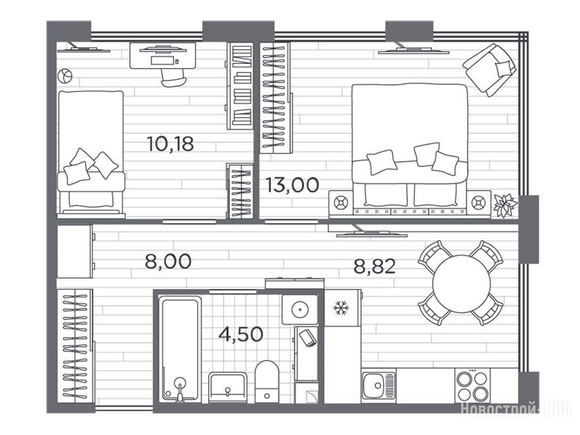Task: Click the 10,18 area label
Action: [x=170, y=143]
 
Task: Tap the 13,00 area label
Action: [x=292, y=185]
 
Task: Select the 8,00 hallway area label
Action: [x=168, y=261]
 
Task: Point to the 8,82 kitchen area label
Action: [x=375, y=266]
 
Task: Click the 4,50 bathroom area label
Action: [x=241, y=334]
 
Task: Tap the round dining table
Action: [x=461, y=284]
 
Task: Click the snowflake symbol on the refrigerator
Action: [x=340, y=308]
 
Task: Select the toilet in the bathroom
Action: [x=267, y=381]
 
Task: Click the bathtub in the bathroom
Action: [x=180, y=349]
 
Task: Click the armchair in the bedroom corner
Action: [x=489, y=69]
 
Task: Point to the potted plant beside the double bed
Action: [x=505, y=206]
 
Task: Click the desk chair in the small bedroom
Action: [x=173, y=78]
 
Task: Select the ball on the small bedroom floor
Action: [x=65, y=76]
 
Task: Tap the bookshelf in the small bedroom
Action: [x=240, y=86]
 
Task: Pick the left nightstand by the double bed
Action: [x=341, y=203]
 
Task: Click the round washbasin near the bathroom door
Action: [x=300, y=310]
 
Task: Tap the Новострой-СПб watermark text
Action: [x=516, y=410]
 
